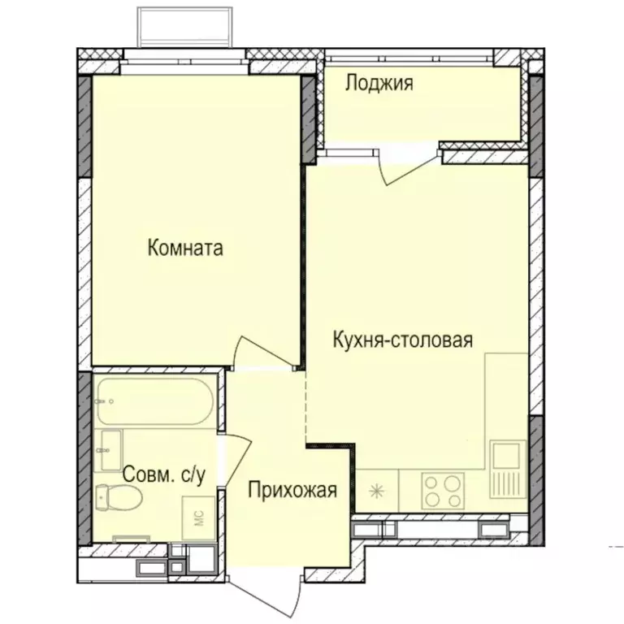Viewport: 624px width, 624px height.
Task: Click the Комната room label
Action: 185,249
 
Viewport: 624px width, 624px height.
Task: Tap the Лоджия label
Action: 379,83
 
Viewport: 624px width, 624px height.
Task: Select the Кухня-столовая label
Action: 403,340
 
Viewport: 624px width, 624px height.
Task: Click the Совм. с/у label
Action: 162,474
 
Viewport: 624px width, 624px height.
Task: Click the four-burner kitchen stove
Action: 443,491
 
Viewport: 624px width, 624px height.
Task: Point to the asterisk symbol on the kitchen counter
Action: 377,491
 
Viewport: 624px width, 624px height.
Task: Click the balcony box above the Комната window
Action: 187,27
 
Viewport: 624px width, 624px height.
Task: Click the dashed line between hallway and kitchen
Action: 306,406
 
